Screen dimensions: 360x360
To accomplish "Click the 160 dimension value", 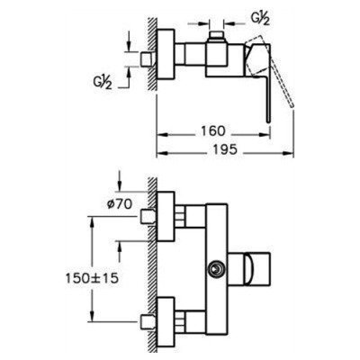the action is tap(213, 131).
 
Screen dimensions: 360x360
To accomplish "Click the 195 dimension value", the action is tap(226, 149).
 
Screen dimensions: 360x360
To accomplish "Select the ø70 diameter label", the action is tap(120, 204).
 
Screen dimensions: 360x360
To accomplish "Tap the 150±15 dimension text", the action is tap(92, 278).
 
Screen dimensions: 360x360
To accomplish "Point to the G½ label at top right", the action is tap(260, 19).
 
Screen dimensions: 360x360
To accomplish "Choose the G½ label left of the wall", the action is tap(102, 82).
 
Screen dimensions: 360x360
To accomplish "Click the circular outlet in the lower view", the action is tap(215, 269).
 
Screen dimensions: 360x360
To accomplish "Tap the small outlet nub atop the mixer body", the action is tap(217, 35).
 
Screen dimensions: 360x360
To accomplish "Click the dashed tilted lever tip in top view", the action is tap(292, 105).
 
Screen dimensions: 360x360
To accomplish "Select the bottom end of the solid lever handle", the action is tap(269, 121).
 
